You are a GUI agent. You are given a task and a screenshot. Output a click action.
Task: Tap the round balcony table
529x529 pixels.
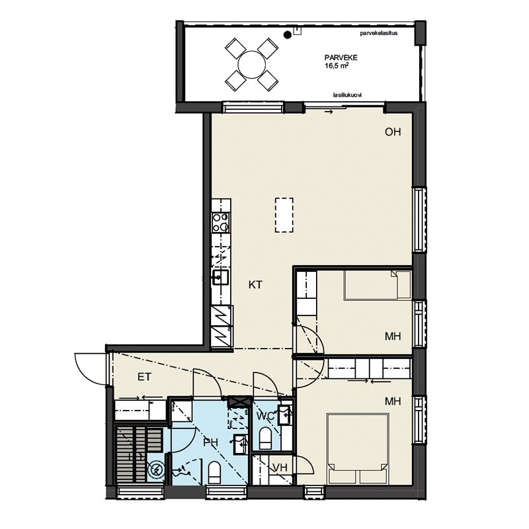(252, 64)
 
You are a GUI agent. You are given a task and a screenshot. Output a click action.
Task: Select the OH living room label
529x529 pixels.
(393, 132)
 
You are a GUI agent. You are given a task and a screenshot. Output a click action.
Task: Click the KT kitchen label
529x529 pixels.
(255, 285)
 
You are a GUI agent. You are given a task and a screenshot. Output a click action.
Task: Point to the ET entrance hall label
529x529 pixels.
(144, 377)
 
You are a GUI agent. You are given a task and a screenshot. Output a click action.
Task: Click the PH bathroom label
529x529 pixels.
(210, 442)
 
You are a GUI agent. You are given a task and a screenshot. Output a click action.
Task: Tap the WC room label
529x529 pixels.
(266, 417)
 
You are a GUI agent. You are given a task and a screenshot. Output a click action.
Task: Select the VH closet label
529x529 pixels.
(280, 468)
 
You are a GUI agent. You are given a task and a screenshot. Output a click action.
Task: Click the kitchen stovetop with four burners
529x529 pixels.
(221, 222)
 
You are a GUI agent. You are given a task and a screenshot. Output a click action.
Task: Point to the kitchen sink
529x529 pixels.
(220, 277)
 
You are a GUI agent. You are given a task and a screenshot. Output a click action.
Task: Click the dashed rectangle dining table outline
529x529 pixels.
(284, 216)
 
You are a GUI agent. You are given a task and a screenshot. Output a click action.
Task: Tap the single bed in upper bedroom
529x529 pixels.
(377, 285)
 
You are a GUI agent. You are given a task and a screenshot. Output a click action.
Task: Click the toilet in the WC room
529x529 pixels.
(265, 438)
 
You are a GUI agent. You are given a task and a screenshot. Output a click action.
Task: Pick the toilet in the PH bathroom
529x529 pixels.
(214, 472)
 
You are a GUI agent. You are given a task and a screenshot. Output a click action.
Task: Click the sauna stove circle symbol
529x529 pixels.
(156, 469)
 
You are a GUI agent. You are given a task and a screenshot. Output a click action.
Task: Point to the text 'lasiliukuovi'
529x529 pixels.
(347, 95)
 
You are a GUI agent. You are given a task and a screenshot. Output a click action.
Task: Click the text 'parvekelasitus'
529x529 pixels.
(378, 33)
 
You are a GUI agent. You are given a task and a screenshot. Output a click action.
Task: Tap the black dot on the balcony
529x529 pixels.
(288, 34)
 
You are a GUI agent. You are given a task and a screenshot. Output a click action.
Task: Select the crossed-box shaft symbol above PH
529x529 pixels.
(238, 401)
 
